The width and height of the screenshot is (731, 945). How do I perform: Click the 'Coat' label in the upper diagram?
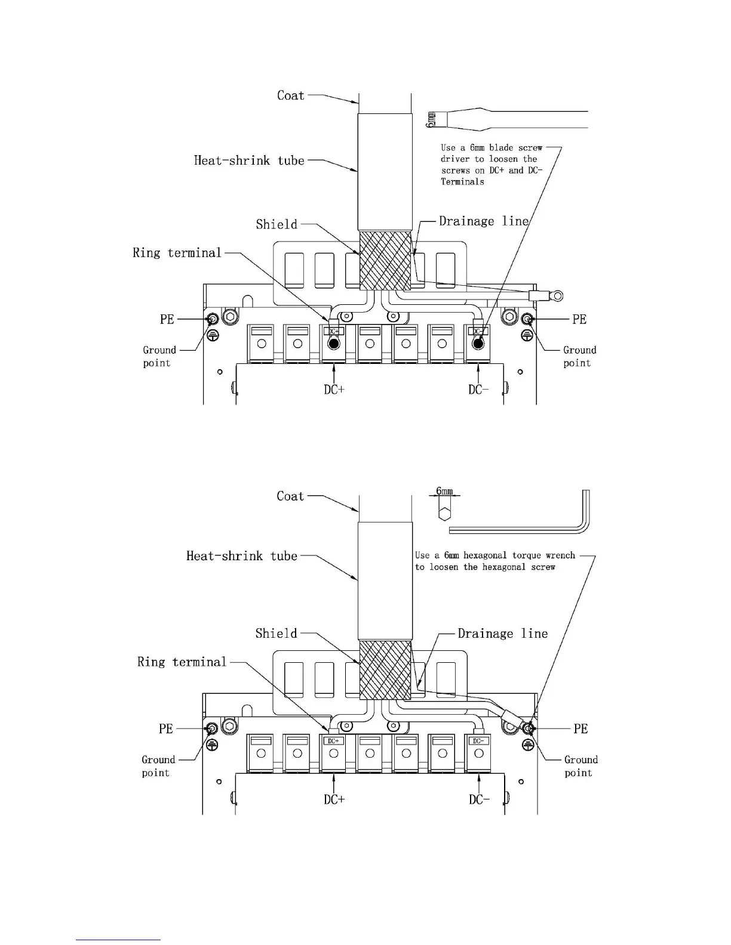[x=291, y=95]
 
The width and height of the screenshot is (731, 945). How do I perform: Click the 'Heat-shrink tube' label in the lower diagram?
[x=242, y=556]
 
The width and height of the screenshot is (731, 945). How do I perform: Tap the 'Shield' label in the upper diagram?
[x=277, y=224]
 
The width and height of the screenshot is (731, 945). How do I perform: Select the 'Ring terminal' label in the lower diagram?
[x=182, y=662]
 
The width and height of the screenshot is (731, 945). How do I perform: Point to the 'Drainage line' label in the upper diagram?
[x=484, y=221]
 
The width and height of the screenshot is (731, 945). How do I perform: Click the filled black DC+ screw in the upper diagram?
[x=334, y=344]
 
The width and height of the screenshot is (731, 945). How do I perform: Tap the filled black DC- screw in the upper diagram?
[x=478, y=344]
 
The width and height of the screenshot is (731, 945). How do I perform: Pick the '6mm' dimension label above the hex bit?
[x=445, y=491]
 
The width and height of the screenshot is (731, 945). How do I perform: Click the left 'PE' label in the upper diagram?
[x=167, y=319]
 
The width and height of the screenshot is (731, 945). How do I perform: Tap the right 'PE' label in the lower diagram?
[x=580, y=728]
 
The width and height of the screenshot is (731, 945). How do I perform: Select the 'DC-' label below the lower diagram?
[x=479, y=799]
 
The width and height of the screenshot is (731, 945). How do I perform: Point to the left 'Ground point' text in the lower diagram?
[x=158, y=766]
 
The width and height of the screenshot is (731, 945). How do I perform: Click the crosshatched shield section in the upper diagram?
[x=386, y=261]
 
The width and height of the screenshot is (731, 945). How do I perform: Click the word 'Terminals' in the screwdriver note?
[x=462, y=182]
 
